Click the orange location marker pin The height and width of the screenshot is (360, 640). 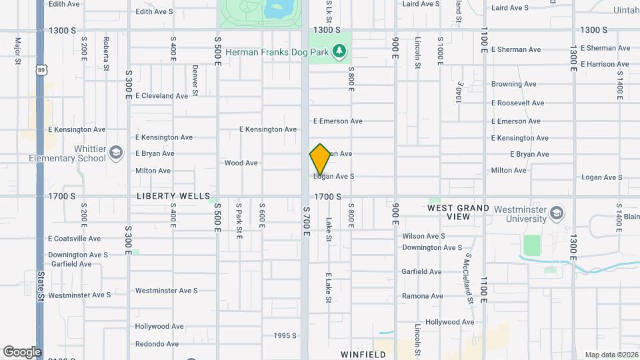pyautogui.click(x=320, y=159)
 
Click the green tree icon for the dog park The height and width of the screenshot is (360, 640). pyautogui.click(x=340, y=51)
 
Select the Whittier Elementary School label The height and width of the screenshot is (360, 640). pyautogui.click(x=67, y=154)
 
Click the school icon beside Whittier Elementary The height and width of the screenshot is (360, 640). pyautogui.click(x=117, y=153)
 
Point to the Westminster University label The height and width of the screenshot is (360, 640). pyautogui.click(x=515, y=214)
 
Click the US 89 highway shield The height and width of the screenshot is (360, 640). pyautogui.click(x=42, y=69)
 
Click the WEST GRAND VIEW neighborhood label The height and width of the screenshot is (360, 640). pyautogui.click(x=458, y=212)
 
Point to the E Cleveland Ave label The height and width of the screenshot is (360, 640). pyautogui.click(x=161, y=96)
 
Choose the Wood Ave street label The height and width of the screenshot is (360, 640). pyautogui.click(x=241, y=163)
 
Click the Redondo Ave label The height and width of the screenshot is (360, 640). pyautogui.click(x=157, y=344)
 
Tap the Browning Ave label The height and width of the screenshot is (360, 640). pyautogui.click(x=513, y=85)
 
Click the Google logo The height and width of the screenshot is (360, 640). pyautogui.click(x=22, y=351)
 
